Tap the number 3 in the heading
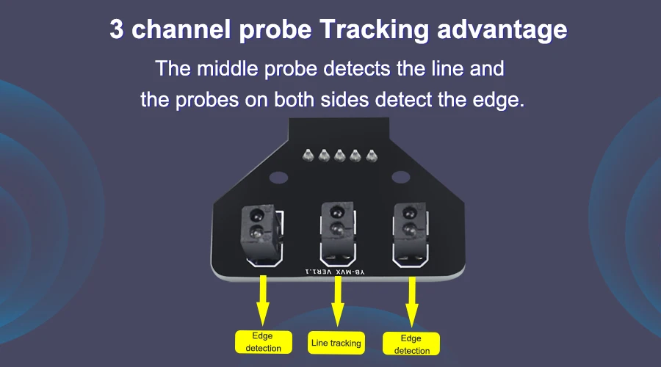(x=117, y=30)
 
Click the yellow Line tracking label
(x=336, y=343)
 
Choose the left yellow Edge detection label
(x=263, y=342)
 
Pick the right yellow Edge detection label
(x=412, y=344)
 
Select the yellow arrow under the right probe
(x=412, y=299)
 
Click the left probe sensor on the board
(x=257, y=225)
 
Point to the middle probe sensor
(x=336, y=220)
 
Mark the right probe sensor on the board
(x=408, y=220)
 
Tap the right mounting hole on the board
(x=399, y=177)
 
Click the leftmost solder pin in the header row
(x=308, y=156)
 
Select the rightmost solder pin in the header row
(x=373, y=156)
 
